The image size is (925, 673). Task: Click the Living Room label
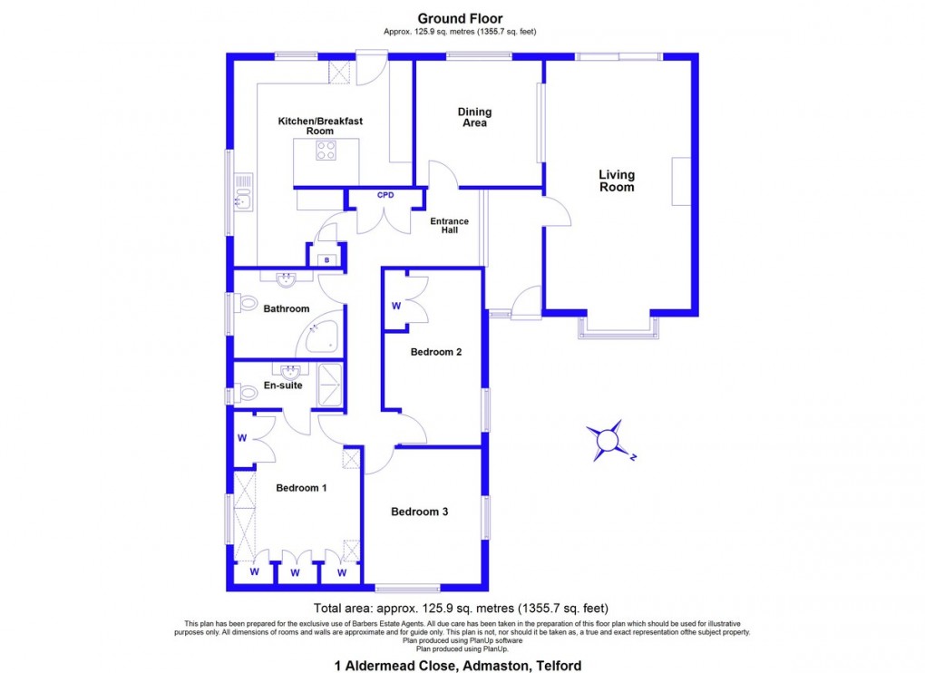(x=617, y=180)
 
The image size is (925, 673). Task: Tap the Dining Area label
(x=474, y=117)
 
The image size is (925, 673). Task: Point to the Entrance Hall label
(x=449, y=226)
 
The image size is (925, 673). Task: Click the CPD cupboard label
(x=385, y=195)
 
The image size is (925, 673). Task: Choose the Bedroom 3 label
(x=420, y=512)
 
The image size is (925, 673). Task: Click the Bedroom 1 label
(x=302, y=488)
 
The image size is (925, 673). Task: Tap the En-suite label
(x=284, y=385)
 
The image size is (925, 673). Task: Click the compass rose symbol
(x=606, y=440)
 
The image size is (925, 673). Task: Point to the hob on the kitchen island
(x=326, y=151)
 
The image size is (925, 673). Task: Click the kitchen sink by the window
(x=243, y=191)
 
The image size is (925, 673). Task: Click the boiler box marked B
(x=325, y=259)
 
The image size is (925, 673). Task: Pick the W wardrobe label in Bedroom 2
(x=396, y=306)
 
